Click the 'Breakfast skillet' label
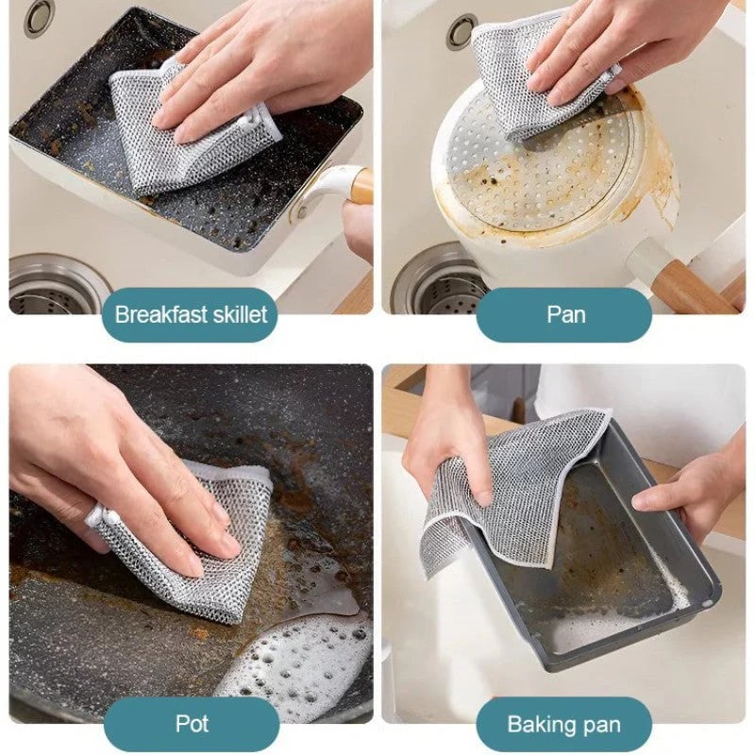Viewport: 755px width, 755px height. coord(191,314)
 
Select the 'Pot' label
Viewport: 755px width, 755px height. coord(191,724)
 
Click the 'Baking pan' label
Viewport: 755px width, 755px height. coord(563,724)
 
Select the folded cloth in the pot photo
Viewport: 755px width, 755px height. coord(189,547)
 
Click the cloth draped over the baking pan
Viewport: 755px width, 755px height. coord(510,481)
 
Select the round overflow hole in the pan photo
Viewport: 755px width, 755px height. coord(461,30)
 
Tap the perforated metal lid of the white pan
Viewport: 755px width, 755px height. coord(547,179)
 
